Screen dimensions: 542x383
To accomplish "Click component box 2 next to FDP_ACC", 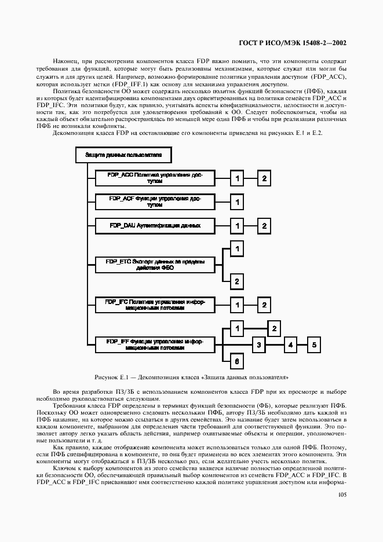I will click(x=264, y=178).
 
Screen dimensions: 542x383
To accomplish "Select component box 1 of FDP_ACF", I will click(x=236, y=202).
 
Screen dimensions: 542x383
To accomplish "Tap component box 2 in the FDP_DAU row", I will click(x=264, y=225).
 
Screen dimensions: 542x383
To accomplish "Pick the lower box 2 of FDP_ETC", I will click(x=236, y=281).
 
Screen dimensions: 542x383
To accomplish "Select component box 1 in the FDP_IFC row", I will click(x=236, y=305).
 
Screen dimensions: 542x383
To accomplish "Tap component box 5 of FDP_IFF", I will click(x=313, y=345).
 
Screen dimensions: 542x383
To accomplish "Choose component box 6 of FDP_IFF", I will click(x=236, y=361).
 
